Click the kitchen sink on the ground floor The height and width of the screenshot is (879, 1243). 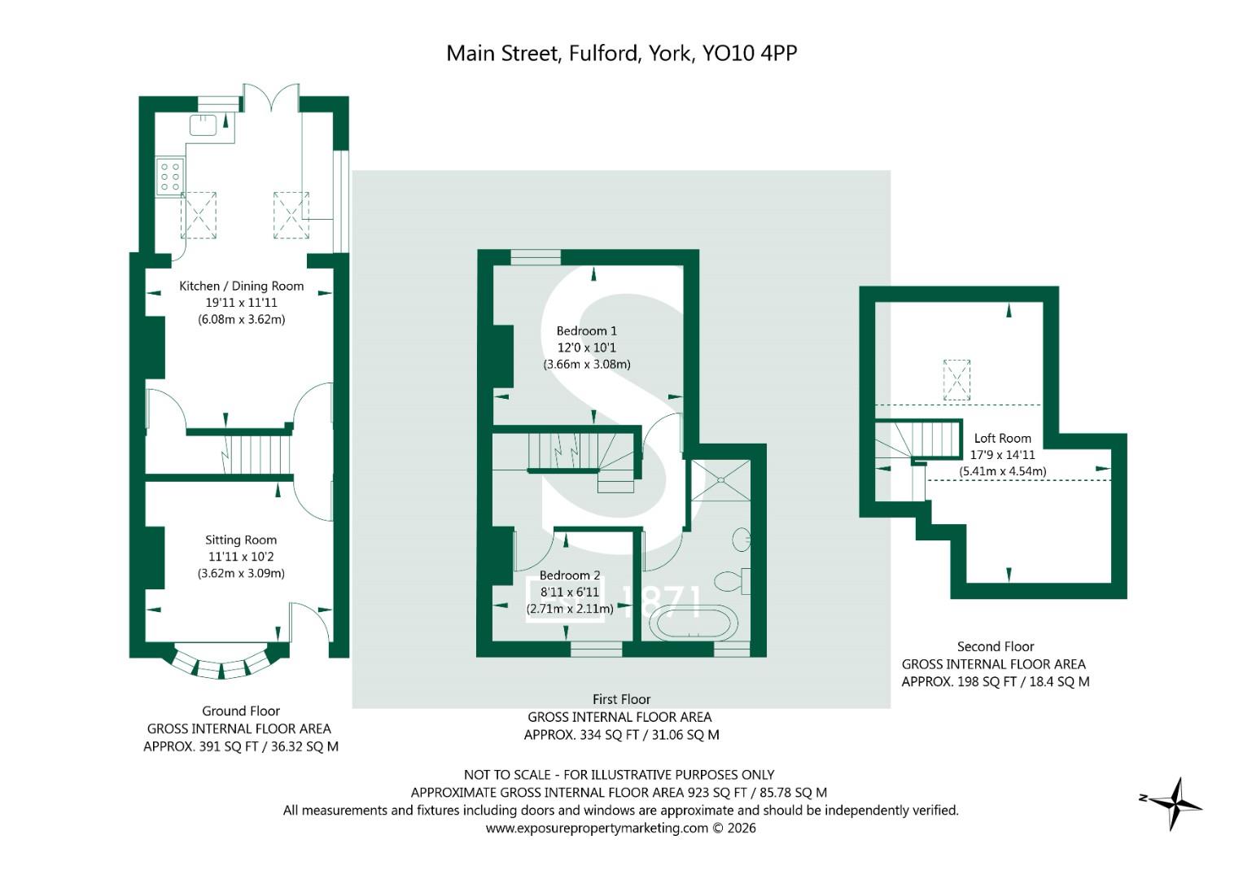pos(204,125)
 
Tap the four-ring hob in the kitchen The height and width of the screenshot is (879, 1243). pos(170,177)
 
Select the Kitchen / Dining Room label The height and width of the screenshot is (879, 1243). pos(242,286)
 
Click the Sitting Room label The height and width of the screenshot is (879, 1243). pos(241,540)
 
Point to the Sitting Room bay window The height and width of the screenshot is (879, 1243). pos(222,663)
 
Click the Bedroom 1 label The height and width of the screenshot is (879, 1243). pos(587,330)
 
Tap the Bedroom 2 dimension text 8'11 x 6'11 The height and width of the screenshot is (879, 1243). pos(569,593)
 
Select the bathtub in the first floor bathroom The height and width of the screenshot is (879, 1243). pos(694,623)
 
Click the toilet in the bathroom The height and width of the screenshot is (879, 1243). pos(731,581)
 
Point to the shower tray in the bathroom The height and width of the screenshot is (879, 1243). pos(721,480)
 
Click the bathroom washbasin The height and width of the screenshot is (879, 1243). pos(742,539)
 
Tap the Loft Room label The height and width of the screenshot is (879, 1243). pos(1003,439)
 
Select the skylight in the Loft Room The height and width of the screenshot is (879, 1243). pos(956,380)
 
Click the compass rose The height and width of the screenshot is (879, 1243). pos(1172,802)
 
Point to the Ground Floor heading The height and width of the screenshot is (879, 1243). pos(241,711)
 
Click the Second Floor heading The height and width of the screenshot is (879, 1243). pos(996,646)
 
